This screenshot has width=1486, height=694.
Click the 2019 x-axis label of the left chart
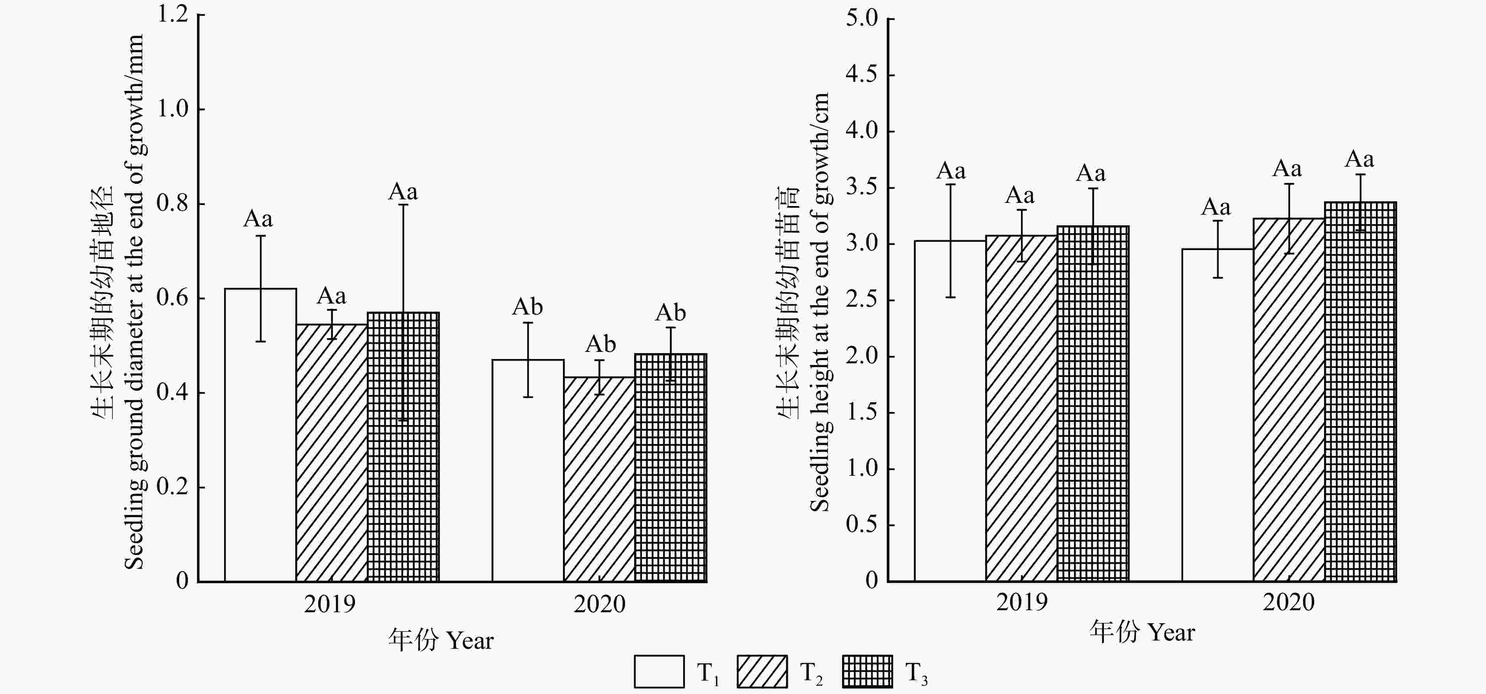click(329, 604)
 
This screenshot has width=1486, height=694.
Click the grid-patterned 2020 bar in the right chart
click(1360, 404)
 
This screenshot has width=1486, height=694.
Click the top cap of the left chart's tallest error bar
click(403, 205)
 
